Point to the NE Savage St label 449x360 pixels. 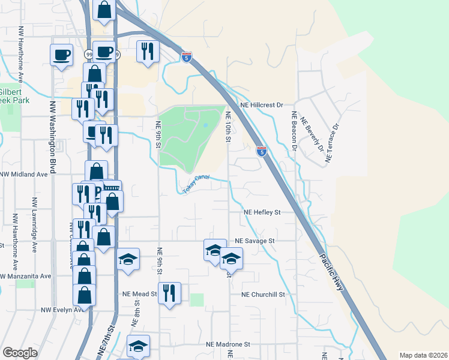pos(255,241)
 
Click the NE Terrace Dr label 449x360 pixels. pos(332,143)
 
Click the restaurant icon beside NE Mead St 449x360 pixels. pos(170,293)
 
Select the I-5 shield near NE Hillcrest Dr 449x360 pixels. pos(261,151)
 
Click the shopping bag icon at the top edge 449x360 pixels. pos(104,10)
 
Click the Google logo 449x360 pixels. pos(20,353)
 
